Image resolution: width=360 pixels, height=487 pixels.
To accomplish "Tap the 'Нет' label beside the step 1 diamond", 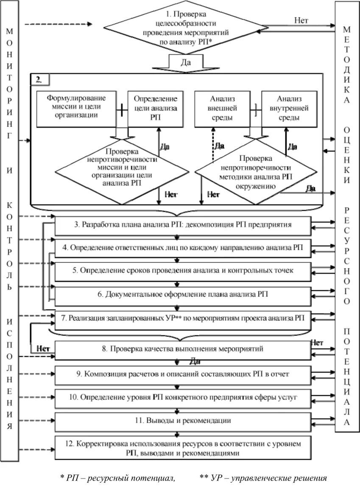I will click(x=301, y=20).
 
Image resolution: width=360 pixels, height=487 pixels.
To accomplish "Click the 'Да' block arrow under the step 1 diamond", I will click(x=186, y=62).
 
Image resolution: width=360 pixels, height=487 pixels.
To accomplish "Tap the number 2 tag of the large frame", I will click(x=39, y=79).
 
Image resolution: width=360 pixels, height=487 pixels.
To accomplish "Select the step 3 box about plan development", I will click(x=183, y=224).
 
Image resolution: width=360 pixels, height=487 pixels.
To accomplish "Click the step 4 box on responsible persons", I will click(x=183, y=247).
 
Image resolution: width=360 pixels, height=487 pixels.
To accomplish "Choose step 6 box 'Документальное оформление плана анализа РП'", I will click(x=183, y=294).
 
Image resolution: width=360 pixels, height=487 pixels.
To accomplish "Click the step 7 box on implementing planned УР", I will click(x=183, y=317).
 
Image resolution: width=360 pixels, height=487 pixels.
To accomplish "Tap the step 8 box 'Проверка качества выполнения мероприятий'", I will click(x=183, y=349).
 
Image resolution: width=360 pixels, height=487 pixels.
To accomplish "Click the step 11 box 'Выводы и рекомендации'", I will click(x=183, y=421).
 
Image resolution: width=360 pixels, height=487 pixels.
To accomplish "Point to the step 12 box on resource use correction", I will click(x=183, y=448).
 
